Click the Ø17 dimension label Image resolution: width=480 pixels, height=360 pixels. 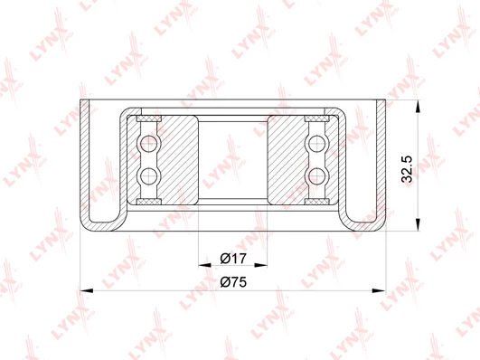pyautogui.click(x=233, y=259)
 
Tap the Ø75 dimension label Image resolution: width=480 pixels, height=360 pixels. pyautogui.click(x=233, y=282)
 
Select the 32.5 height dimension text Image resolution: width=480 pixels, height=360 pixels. pyautogui.click(x=407, y=169)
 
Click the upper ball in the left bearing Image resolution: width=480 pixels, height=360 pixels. pyautogui.click(x=149, y=143)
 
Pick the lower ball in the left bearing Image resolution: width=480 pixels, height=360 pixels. pyautogui.click(x=149, y=176)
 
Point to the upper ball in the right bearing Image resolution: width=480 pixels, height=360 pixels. pyautogui.click(x=317, y=143)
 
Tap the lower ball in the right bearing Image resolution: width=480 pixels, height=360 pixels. pyautogui.click(x=317, y=176)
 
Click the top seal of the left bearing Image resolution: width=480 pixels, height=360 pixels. pyautogui.click(x=149, y=118)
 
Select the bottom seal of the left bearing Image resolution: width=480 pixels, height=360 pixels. pyautogui.click(x=149, y=202)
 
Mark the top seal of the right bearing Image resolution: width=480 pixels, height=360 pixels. pyautogui.click(x=317, y=118)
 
